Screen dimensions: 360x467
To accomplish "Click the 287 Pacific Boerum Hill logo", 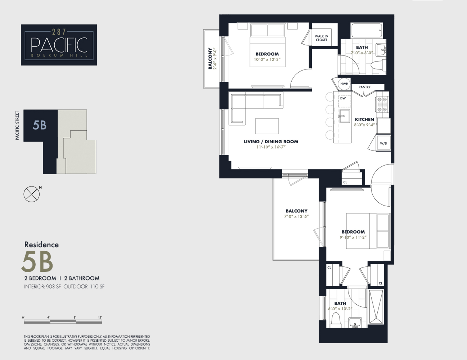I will point(59,45).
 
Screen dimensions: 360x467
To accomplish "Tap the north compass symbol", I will point(31,194).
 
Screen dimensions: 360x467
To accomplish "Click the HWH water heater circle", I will point(344,84).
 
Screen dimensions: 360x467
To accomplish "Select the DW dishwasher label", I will point(343,98).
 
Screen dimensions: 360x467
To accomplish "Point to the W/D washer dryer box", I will point(383,143).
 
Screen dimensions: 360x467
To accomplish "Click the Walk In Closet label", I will point(321,38).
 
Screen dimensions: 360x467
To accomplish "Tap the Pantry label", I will point(364,87).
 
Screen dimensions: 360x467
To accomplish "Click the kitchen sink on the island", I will point(343,116).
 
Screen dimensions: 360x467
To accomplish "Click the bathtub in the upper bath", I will point(367,31).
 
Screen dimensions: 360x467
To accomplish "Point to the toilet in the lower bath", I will point(337,320).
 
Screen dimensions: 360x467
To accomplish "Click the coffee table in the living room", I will point(267,126).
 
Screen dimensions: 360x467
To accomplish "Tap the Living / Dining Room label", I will point(271,141).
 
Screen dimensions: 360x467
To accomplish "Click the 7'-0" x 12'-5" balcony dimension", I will point(296,217).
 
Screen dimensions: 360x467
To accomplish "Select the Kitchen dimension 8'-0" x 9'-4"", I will point(364,125).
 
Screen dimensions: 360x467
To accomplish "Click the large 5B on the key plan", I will point(40,125).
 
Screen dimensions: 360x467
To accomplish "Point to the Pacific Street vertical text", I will point(17,125).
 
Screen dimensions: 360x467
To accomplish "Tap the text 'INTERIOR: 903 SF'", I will point(42,287).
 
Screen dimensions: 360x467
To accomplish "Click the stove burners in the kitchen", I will point(382,104).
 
